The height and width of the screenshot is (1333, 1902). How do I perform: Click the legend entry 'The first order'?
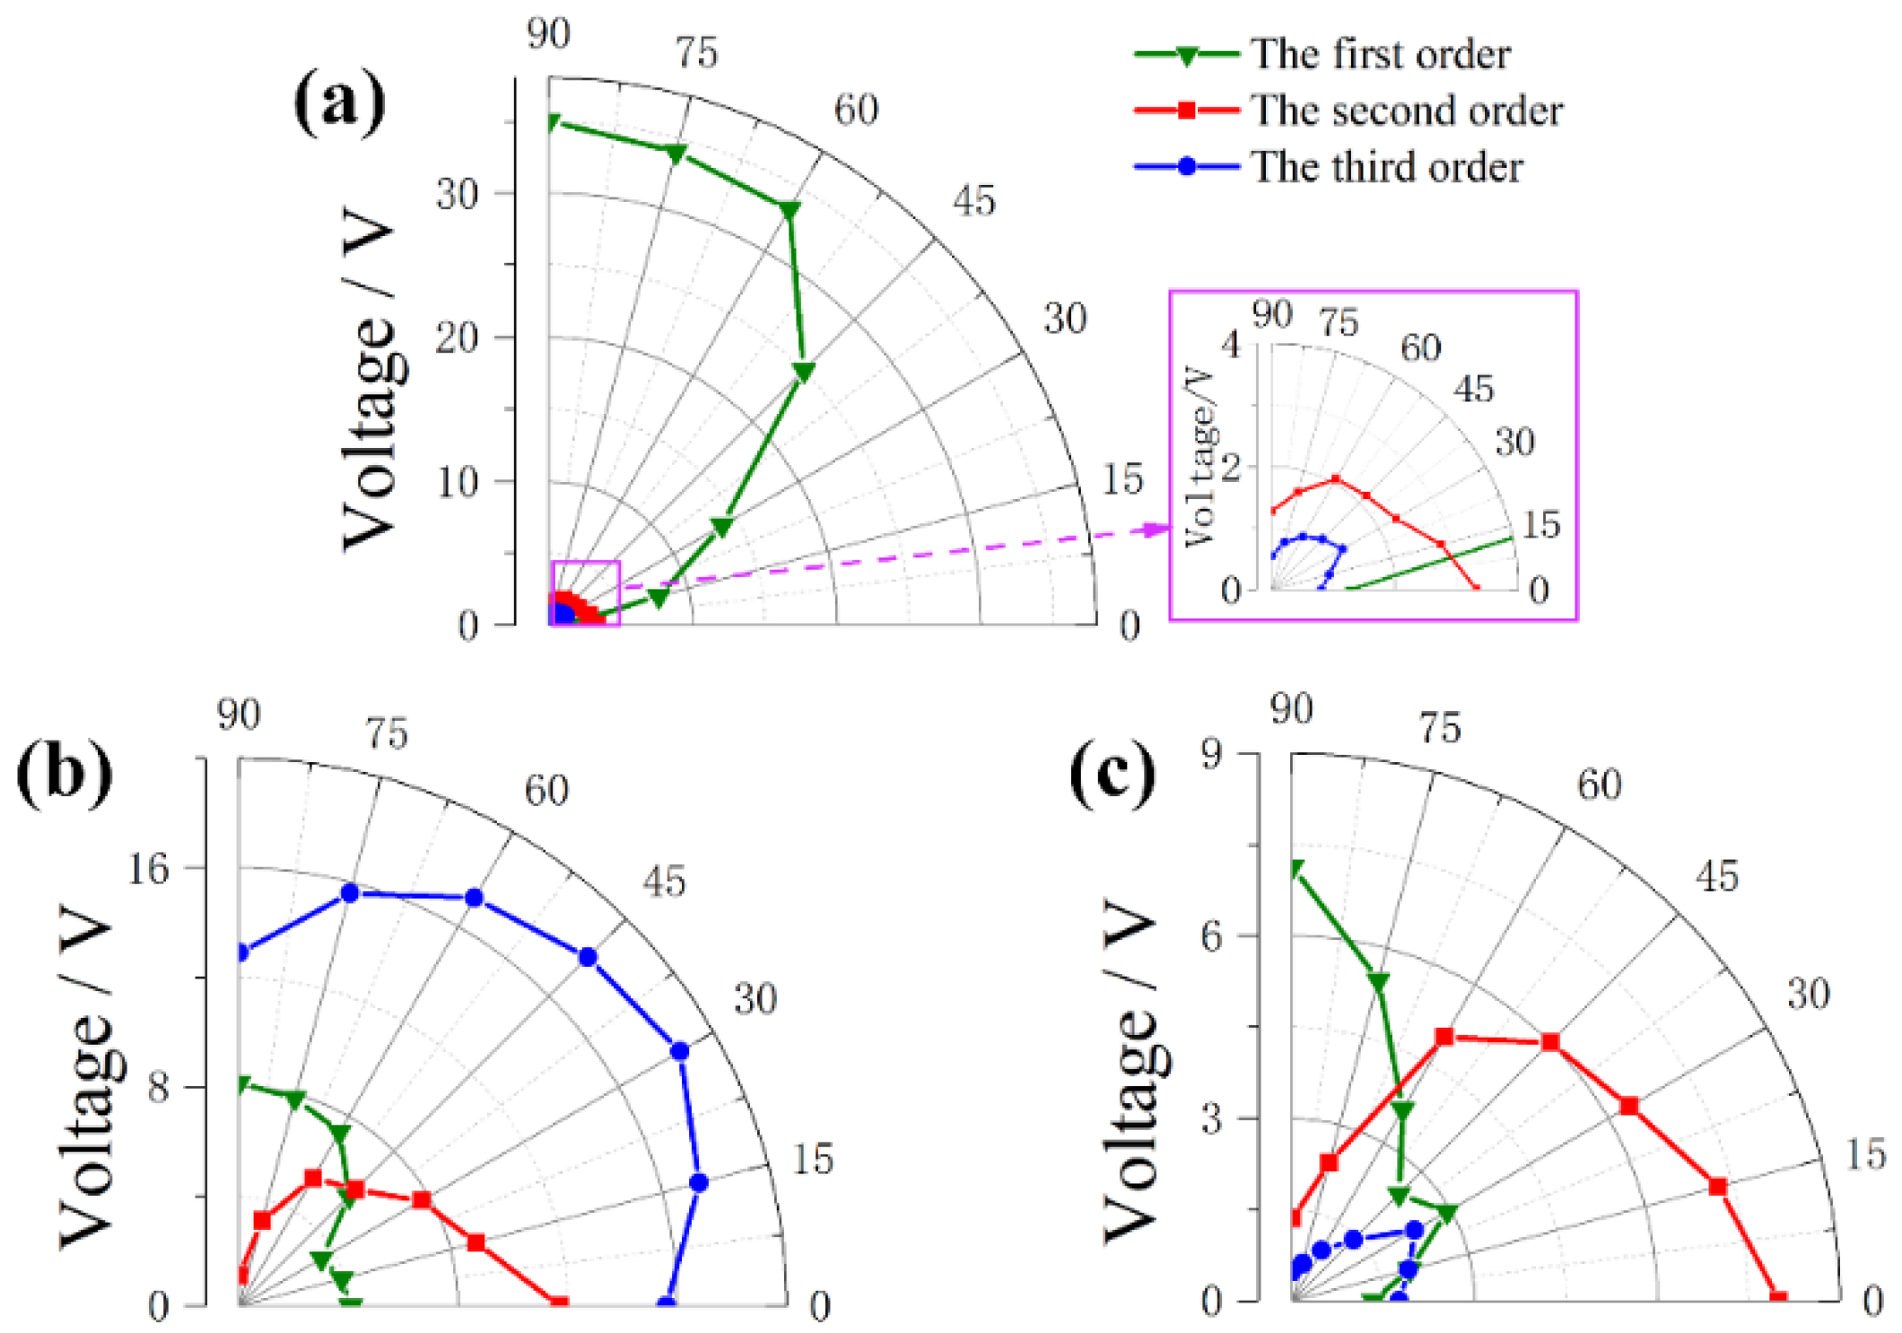coord(1380,54)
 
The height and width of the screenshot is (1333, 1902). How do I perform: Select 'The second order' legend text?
coord(1406,110)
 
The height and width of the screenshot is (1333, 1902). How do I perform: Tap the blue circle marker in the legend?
coord(1187,166)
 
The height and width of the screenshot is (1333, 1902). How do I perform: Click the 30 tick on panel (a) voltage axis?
coord(458,193)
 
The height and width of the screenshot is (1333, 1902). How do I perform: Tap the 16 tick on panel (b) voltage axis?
coord(148,868)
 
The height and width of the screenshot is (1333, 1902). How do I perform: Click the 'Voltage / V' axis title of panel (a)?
coord(370,377)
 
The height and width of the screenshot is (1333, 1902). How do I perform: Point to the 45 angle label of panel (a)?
coord(974,200)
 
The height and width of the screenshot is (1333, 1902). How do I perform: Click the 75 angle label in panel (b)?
coord(387,733)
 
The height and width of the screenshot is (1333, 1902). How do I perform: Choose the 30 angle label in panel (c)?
coord(1808,994)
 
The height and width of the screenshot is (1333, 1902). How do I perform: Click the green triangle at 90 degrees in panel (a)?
coord(553,122)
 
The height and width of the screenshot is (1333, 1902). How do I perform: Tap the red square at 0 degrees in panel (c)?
coord(1778,1298)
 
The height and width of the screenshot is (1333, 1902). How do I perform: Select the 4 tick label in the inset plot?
coord(1230,344)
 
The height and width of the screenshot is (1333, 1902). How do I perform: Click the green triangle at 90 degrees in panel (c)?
coord(1295,868)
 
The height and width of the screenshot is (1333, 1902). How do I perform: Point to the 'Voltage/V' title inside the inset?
coord(1200,456)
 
